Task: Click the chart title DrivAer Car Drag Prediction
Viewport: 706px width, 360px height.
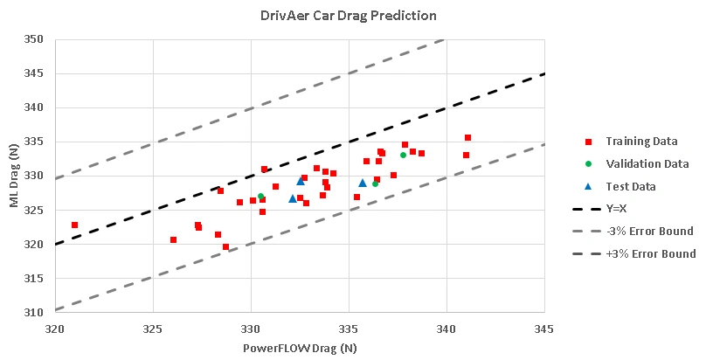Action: pyautogui.click(x=348, y=16)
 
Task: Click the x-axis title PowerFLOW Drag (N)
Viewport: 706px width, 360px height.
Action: pyautogui.click(x=299, y=348)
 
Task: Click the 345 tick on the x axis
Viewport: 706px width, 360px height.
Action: pyautogui.click(x=544, y=328)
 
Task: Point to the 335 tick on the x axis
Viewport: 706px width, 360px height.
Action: pyautogui.click(x=349, y=328)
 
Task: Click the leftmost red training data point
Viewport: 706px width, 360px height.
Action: pyautogui.click(x=74, y=225)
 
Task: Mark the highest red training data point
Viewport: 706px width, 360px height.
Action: pyautogui.click(x=467, y=137)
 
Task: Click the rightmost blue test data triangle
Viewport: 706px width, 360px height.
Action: pyautogui.click(x=363, y=183)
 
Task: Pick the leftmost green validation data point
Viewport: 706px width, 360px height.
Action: pyautogui.click(x=260, y=197)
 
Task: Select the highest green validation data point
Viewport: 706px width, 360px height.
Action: pyautogui.click(x=404, y=155)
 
